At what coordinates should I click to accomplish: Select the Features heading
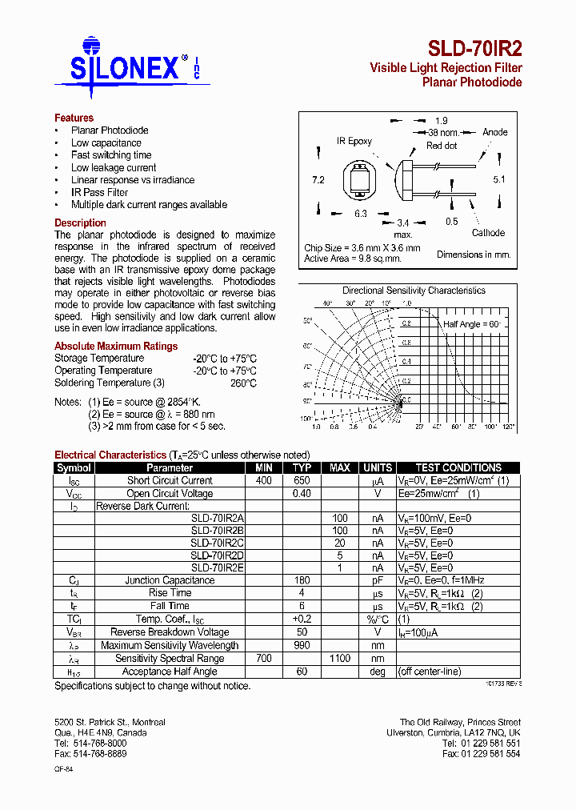[x=74, y=118]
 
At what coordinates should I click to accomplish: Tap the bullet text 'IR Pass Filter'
[x=99, y=192]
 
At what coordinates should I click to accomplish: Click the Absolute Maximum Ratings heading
[x=116, y=346]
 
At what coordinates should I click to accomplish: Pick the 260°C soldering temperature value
[x=242, y=383]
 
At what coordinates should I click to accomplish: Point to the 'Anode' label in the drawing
[x=494, y=132]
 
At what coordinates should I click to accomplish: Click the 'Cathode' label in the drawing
[x=488, y=233]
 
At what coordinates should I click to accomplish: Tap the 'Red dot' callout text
[x=442, y=146]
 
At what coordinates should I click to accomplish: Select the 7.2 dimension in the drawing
[x=318, y=180]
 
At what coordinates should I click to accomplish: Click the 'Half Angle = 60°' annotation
[x=472, y=324]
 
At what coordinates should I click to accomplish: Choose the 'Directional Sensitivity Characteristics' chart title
[x=414, y=291]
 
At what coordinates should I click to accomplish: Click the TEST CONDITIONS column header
[x=458, y=467]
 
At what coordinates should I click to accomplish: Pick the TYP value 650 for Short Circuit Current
[x=302, y=480]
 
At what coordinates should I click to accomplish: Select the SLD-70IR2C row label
[x=218, y=543]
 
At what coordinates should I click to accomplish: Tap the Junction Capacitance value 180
[x=302, y=580]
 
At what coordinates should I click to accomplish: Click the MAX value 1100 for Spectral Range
[x=340, y=658]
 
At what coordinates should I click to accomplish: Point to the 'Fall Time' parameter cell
[x=170, y=606]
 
